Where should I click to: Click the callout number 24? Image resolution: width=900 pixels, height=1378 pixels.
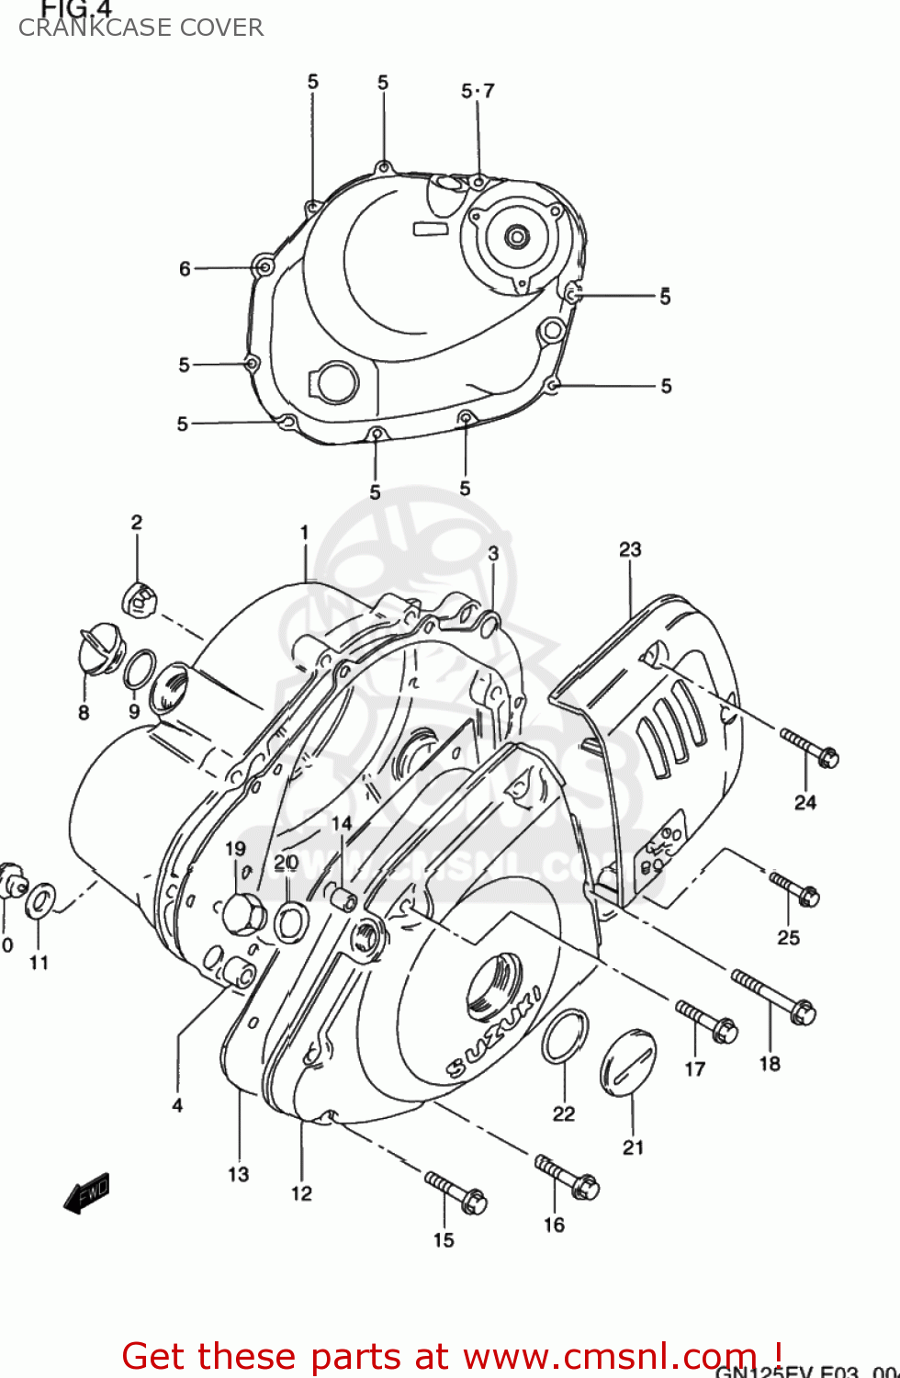click(804, 802)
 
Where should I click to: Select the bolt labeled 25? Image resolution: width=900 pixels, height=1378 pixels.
click(794, 889)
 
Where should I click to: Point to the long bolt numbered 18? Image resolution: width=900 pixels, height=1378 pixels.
click(774, 997)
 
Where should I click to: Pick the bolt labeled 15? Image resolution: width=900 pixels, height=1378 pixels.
click(456, 1192)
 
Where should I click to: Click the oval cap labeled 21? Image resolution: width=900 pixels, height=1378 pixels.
click(629, 1063)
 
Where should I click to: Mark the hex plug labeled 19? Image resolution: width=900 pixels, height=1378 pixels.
click(243, 913)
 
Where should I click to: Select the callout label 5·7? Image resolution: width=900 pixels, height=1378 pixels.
click(478, 91)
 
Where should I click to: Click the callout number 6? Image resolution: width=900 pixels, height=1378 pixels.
click(185, 268)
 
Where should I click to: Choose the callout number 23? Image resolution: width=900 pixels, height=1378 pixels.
click(630, 549)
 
